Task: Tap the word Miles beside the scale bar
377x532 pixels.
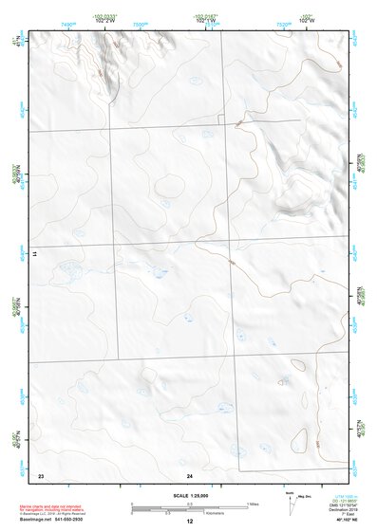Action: [x=254, y=504]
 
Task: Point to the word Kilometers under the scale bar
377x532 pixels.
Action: [x=196, y=513]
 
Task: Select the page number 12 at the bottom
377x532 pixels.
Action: [x=189, y=523]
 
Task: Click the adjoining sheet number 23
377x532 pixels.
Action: [x=40, y=473]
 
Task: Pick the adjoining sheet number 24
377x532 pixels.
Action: [x=190, y=473]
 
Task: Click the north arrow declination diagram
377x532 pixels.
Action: [x=291, y=504]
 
